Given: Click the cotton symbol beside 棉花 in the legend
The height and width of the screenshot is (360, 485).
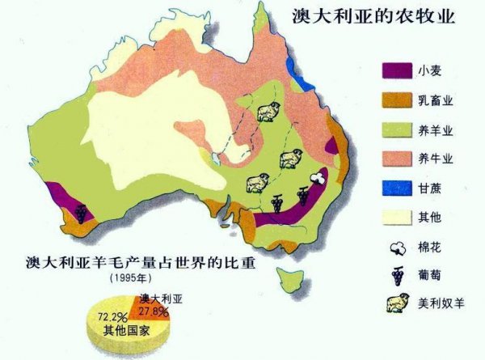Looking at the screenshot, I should [x=398, y=248].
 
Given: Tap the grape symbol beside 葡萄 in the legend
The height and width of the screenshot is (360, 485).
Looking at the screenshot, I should [x=398, y=274].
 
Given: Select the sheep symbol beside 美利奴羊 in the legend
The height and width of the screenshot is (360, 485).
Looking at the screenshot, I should [x=398, y=304].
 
